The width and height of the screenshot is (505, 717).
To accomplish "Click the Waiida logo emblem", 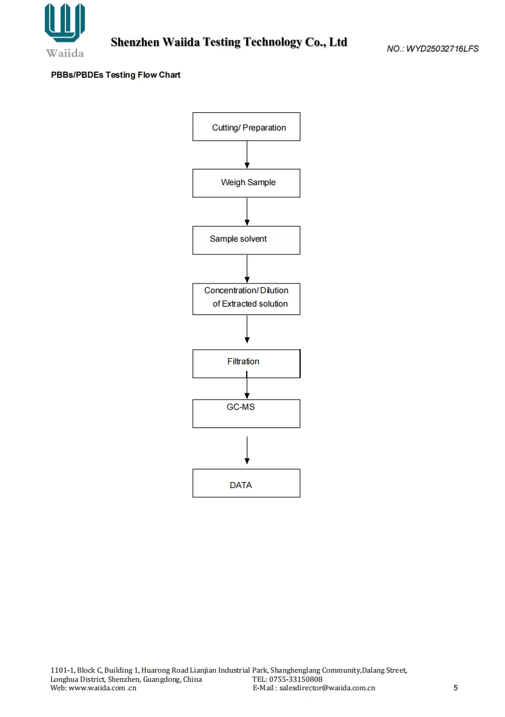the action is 65,22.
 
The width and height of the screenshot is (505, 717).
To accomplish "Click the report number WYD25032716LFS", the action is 443,49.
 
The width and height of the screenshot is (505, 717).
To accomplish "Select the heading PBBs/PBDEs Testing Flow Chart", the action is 116,75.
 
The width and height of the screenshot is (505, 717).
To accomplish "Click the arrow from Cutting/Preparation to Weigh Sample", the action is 247,155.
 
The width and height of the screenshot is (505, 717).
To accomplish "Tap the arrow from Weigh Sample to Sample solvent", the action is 247,212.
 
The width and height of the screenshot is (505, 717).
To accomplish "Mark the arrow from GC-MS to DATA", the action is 247,450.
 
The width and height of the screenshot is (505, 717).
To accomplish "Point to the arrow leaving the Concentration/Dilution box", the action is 247,329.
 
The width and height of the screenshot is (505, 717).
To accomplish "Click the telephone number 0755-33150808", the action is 296,679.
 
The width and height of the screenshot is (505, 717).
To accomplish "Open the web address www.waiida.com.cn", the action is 102,688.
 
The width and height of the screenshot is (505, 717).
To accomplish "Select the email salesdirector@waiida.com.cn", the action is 327,688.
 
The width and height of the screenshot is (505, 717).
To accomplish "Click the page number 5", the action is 455,688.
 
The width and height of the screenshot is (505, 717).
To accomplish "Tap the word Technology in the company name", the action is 273,42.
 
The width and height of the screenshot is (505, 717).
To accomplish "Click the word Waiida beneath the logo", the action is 65,53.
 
